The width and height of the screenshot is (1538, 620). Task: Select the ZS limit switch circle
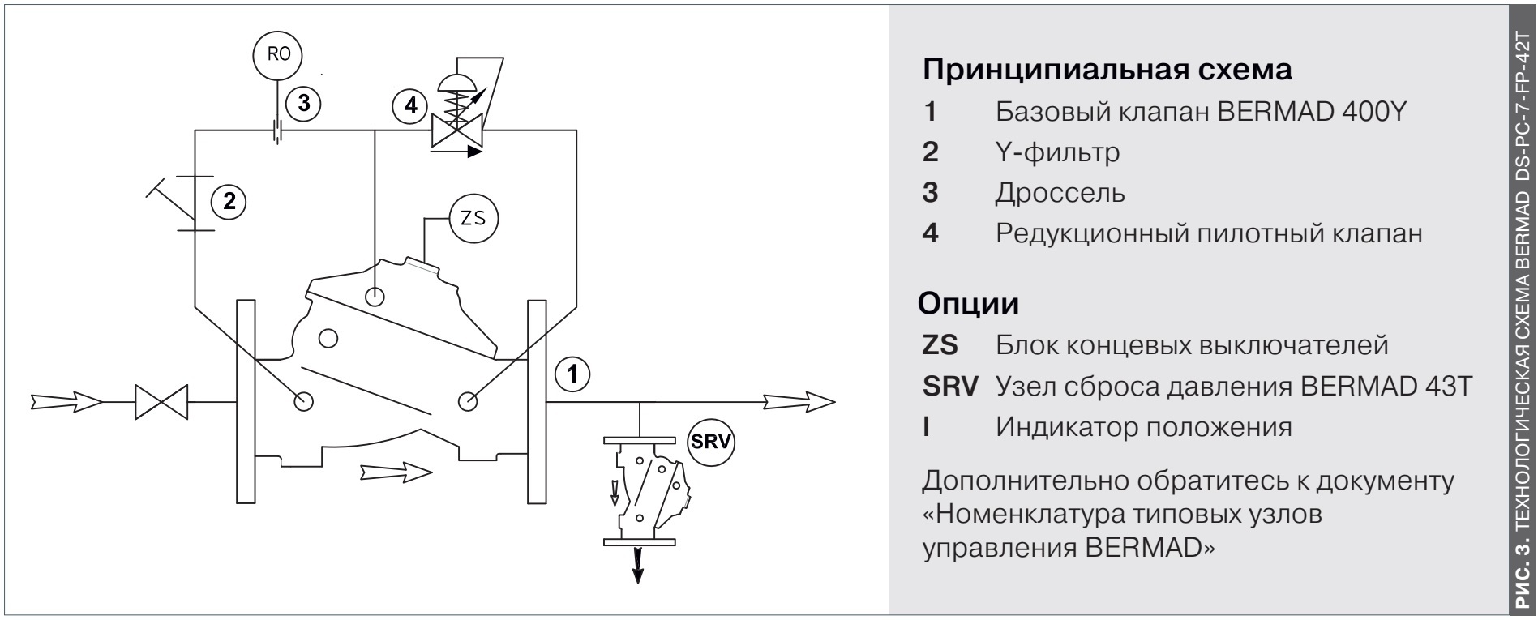coord(473,218)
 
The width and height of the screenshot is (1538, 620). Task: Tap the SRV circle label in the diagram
coord(710,443)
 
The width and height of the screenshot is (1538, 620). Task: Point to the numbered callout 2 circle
coord(229,202)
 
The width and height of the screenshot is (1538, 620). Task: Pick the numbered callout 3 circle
coord(303,103)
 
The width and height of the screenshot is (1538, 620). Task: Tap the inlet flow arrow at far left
coord(66,401)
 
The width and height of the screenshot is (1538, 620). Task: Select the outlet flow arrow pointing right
coord(798,400)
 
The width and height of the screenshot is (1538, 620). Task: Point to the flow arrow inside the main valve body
coord(395,471)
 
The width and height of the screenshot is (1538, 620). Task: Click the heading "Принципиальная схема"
coord(1107,69)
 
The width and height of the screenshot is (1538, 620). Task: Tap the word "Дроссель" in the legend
coord(1060,193)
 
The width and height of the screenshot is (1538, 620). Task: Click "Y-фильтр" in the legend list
coord(1058,152)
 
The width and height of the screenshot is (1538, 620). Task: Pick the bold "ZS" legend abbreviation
coord(940,345)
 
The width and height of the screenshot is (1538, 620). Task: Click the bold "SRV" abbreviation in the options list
coord(950,387)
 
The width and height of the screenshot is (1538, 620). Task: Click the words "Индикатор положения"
coord(1144,426)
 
